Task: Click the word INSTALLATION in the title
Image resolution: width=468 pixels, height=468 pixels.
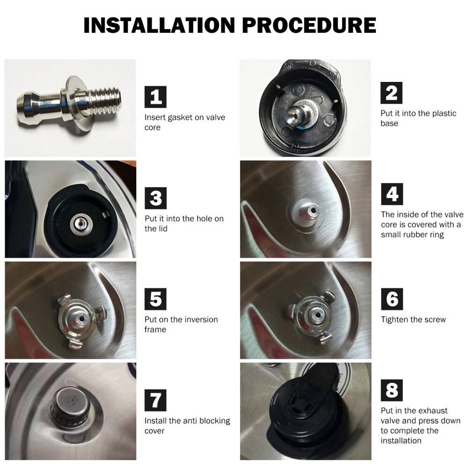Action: click(159, 25)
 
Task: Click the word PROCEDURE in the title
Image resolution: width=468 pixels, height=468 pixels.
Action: click(309, 25)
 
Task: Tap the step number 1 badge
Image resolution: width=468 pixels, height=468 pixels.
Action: click(156, 97)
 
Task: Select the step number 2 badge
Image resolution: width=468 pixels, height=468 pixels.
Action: click(392, 93)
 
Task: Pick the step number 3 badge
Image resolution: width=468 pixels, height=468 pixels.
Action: click(156, 198)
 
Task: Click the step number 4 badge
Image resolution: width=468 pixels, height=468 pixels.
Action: click(392, 194)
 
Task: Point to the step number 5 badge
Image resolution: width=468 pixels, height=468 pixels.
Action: click(156, 299)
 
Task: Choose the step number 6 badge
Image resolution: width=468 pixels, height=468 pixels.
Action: click(392, 299)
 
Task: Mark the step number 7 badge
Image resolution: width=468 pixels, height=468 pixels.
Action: click(156, 400)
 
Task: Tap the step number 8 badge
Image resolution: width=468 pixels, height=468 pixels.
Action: click(392, 390)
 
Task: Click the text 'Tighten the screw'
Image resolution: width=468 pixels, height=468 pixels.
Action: click(413, 320)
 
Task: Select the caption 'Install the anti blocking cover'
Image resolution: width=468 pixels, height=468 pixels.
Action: click(187, 425)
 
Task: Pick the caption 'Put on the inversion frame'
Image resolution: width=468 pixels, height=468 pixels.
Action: click(181, 324)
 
